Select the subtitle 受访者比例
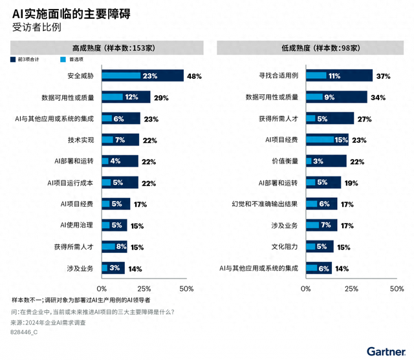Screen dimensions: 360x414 click(34, 27)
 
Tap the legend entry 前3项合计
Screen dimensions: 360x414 click(30, 59)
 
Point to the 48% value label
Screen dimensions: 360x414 click(194, 76)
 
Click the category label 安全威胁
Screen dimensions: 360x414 click(81, 76)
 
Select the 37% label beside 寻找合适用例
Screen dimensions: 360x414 click(383, 76)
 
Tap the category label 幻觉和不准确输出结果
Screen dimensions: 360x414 click(265, 204)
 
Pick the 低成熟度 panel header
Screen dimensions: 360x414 click(312, 47)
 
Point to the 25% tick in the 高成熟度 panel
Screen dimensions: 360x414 click(144, 288)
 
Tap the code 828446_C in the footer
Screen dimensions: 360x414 click(25, 332)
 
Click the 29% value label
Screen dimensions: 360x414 click(161, 98)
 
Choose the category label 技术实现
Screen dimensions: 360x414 click(81, 140)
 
